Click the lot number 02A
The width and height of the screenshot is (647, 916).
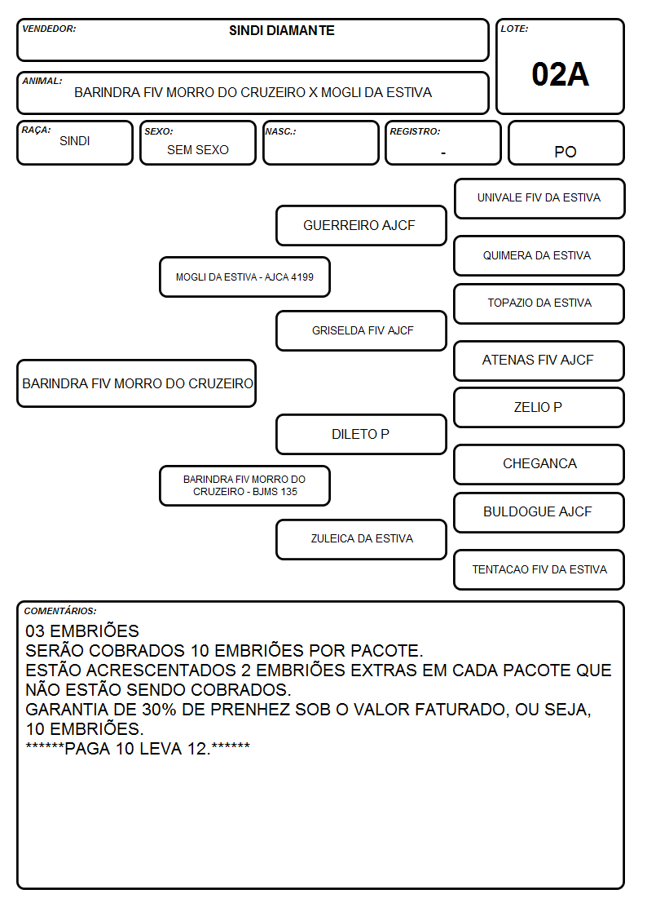pyautogui.click(x=560, y=74)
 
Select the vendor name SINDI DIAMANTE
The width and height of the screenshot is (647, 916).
pyautogui.click(x=282, y=30)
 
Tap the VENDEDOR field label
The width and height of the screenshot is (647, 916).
pyautogui.click(x=49, y=29)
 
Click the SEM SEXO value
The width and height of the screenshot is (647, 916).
pyautogui.click(x=198, y=150)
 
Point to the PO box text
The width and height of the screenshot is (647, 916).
pyautogui.click(x=566, y=152)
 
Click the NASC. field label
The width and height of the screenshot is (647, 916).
pyautogui.click(x=280, y=131)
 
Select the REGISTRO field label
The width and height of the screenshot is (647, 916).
pyautogui.click(x=415, y=131)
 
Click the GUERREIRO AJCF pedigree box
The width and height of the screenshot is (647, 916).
pyautogui.click(x=361, y=225)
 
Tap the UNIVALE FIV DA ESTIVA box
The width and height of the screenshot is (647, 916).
pyautogui.click(x=539, y=199)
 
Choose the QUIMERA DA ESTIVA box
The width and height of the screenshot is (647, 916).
pyautogui.click(x=539, y=255)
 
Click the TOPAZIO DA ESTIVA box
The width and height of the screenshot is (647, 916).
pyautogui.click(x=539, y=303)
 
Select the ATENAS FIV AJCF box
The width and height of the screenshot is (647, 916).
pyautogui.click(x=539, y=361)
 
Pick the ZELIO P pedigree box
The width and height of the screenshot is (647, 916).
pyautogui.click(x=539, y=407)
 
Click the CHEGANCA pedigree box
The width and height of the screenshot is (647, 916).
pyautogui.click(x=539, y=464)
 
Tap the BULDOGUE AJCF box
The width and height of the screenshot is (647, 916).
pyautogui.click(x=539, y=512)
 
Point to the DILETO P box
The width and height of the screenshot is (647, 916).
pyautogui.click(x=361, y=434)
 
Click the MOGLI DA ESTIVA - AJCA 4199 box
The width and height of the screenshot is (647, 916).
pyautogui.click(x=244, y=277)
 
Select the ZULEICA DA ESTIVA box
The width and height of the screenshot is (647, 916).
pyautogui.click(x=361, y=539)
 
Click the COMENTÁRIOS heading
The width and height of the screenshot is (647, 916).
pyautogui.click(x=60, y=611)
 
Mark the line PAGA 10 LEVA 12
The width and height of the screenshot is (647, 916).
pyautogui.click(x=138, y=748)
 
